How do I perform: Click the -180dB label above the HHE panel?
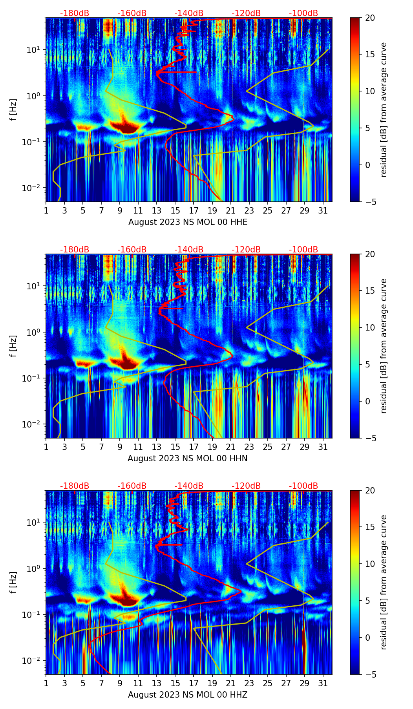[75, 13]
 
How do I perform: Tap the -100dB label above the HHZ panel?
[303, 486]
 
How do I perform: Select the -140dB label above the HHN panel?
[189, 250]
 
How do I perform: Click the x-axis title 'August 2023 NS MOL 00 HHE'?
[188, 222]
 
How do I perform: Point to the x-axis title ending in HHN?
[188, 459]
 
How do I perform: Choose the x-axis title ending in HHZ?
[188, 695]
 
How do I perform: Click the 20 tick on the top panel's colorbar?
[370, 18]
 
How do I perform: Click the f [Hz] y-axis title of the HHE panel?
[13, 110]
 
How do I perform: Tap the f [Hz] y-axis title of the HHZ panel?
[13, 583]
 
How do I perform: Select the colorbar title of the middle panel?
[384, 346]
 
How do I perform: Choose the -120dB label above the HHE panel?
[246, 13]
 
